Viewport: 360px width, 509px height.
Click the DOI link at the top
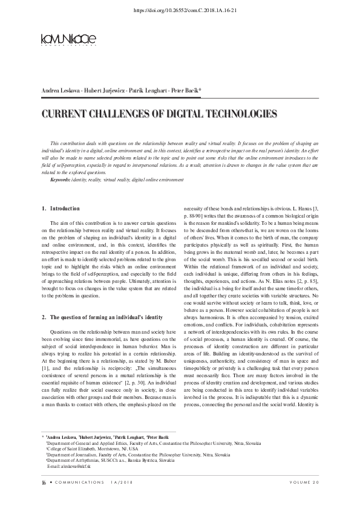180,10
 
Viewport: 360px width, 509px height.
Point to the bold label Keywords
60,180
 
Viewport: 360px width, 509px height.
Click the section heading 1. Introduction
61,209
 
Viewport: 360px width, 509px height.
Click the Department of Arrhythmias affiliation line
111,461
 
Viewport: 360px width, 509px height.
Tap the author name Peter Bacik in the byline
185,91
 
